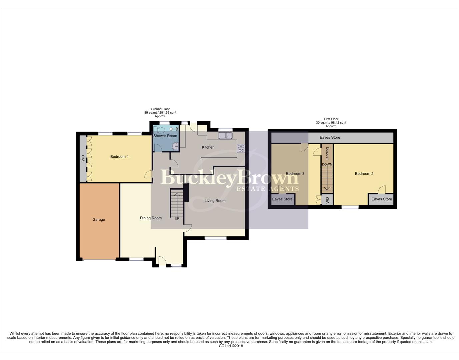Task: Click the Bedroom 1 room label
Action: click(119, 157)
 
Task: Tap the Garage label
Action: click(99, 220)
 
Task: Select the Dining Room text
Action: click(151, 218)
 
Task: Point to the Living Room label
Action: click(215, 201)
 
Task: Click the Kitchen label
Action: click(208, 147)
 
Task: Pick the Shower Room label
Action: click(165, 136)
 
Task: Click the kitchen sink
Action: click(225, 135)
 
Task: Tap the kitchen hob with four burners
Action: click(241, 148)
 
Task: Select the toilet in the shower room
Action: click(159, 129)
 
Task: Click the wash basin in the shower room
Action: click(175, 145)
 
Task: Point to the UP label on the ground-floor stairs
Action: click(177, 219)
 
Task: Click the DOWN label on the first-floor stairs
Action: click(327, 165)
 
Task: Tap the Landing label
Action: click(327, 153)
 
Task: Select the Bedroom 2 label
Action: click(364, 174)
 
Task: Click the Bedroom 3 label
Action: click(295, 174)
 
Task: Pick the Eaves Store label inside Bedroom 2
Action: click(382, 199)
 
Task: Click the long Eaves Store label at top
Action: click(330, 137)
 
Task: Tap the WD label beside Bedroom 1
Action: click(83, 158)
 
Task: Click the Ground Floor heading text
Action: click(160, 109)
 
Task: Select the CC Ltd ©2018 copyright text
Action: click(231, 346)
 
